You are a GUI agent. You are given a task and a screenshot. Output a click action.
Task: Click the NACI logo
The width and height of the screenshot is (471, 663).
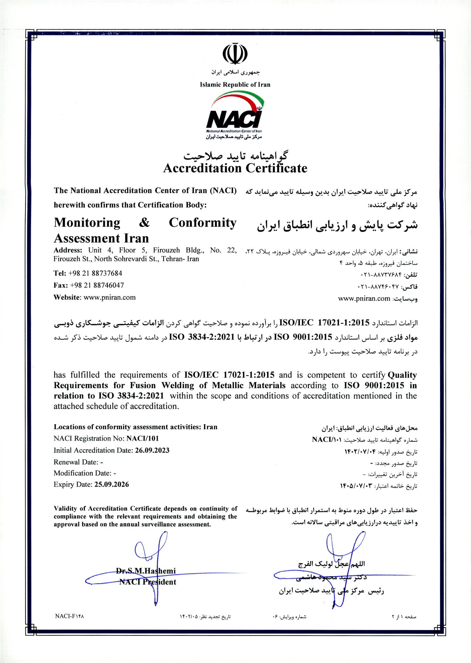click(235, 115)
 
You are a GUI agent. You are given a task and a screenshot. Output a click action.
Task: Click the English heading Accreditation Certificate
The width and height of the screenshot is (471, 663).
click(235, 168)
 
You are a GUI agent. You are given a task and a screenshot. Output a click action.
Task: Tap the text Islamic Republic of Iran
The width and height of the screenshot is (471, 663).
click(235, 85)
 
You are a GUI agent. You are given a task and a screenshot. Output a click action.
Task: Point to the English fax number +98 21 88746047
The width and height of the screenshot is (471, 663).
click(97, 285)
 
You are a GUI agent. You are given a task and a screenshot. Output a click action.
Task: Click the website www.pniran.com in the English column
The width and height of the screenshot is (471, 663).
click(110, 297)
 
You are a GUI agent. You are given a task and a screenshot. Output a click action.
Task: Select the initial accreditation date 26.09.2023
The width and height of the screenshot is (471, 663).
click(152, 450)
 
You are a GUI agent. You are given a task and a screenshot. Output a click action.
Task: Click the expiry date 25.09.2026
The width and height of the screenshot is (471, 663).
click(112, 484)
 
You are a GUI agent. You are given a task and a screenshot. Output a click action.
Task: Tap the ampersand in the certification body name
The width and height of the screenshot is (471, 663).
click(144, 223)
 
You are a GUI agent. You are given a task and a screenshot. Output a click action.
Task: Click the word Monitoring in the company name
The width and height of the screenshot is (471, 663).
click(87, 223)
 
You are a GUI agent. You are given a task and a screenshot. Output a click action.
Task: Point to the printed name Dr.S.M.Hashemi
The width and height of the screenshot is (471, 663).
click(146, 571)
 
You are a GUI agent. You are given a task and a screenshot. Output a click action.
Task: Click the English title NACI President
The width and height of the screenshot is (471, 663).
click(148, 582)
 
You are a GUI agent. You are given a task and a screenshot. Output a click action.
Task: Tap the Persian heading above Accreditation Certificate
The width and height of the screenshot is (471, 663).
click(235, 156)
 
